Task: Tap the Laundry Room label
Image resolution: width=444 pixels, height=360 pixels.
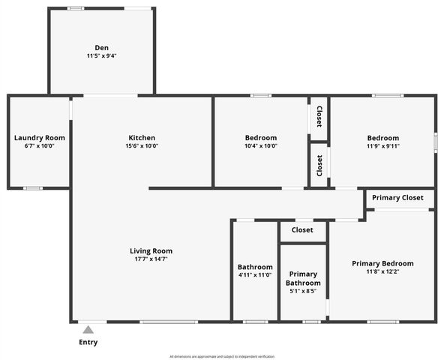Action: [x=40, y=138]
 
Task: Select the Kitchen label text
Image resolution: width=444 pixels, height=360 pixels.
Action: [x=142, y=138]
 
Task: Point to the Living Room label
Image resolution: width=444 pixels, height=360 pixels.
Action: [x=151, y=251]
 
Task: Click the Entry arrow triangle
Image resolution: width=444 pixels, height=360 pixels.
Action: [x=88, y=329]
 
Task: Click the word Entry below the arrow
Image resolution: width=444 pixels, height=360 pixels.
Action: [x=88, y=343]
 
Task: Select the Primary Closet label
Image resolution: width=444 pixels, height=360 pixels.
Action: [x=397, y=198]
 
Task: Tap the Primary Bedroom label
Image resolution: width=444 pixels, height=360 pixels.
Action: [x=382, y=263]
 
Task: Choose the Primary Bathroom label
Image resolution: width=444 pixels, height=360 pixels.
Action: [x=303, y=278]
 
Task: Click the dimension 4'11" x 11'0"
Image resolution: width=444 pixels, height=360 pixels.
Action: [x=255, y=275]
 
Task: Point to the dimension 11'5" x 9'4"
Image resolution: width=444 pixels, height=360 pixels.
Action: [x=101, y=56]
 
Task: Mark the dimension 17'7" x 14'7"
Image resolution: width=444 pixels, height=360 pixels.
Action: [x=151, y=259]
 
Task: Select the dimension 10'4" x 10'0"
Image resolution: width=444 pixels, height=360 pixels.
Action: [x=261, y=146]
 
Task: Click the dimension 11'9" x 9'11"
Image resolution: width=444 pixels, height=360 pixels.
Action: [x=382, y=146]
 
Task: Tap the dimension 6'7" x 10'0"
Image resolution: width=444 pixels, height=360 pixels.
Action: [x=40, y=146]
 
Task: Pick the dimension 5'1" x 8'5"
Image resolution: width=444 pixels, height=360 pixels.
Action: [x=303, y=291]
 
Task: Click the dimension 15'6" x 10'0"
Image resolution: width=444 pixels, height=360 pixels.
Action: [x=142, y=146]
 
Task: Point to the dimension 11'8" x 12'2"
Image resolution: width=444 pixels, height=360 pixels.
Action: [x=382, y=271]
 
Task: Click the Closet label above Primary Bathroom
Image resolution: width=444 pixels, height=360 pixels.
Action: [x=302, y=230]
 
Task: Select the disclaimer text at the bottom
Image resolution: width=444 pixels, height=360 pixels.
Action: [x=222, y=356]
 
